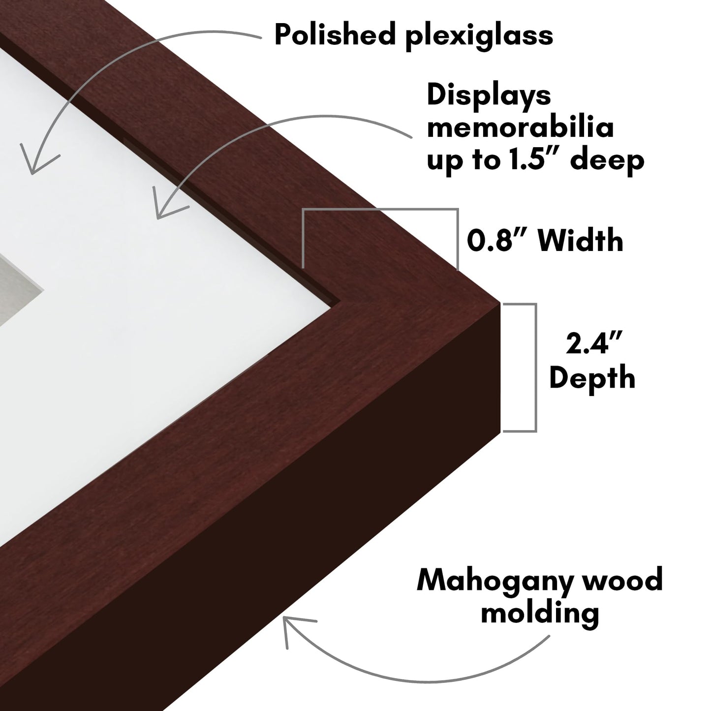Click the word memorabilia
coord(520,127)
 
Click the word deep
coord(607,161)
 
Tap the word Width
coord(581,241)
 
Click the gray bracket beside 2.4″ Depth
coord(536,368)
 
